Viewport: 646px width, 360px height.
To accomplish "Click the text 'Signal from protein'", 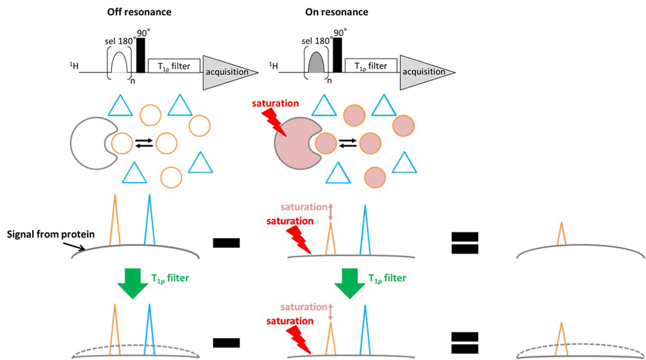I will coord(42,235).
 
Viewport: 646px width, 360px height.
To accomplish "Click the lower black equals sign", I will coord(465,342).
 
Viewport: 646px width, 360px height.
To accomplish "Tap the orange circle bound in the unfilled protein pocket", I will coord(121,144).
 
